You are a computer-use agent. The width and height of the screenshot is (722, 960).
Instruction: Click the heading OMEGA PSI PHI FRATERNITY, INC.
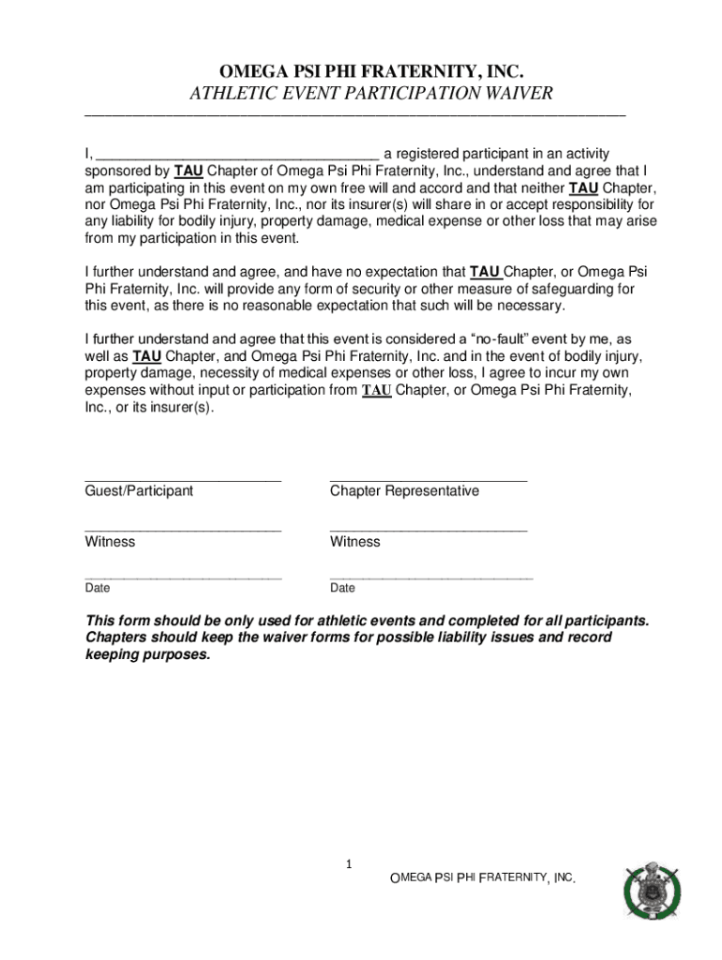(370, 72)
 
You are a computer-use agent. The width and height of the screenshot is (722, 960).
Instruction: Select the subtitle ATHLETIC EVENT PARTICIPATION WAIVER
(371, 94)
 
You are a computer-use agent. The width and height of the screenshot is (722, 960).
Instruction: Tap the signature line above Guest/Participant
(183, 479)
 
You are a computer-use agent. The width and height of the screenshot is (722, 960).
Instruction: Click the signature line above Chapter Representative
(429, 479)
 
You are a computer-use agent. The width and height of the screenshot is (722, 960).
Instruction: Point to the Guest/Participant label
(139, 491)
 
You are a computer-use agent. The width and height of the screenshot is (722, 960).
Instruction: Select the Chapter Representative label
(404, 491)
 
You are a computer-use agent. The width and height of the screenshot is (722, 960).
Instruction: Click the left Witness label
(110, 542)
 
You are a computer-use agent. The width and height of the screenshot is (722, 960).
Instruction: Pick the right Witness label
(355, 542)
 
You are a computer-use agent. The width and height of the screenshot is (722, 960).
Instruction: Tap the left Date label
(98, 589)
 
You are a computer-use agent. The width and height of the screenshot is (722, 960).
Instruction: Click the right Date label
(342, 589)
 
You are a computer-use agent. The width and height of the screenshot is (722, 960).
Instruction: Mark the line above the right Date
(431, 577)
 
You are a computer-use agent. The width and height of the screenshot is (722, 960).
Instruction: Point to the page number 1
(348, 864)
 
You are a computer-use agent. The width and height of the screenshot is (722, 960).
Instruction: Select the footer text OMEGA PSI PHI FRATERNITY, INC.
(482, 878)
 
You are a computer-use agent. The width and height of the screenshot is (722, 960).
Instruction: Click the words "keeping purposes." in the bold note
(148, 655)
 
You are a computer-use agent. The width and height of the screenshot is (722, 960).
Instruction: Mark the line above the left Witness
(183, 530)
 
